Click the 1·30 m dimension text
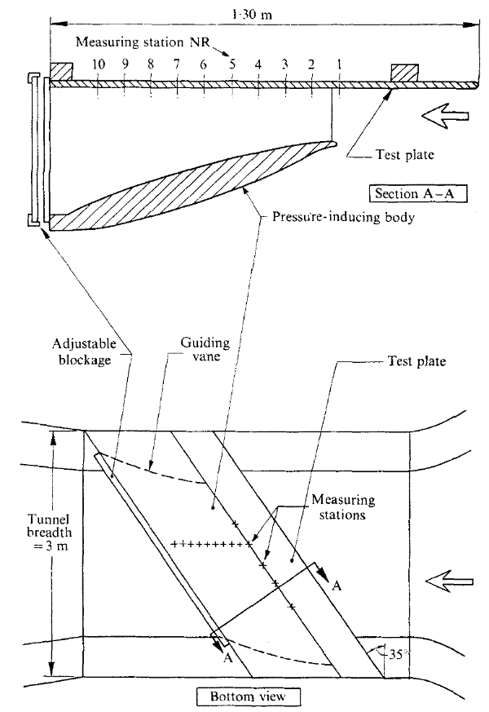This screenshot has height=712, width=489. click(x=252, y=14)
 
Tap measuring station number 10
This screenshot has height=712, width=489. click(x=99, y=64)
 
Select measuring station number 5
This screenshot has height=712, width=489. click(x=232, y=64)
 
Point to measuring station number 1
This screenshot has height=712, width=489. click(x=338, y=64)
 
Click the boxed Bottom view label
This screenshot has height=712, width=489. click(x=248, y=697)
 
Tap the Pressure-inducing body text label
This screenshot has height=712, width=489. click(x=343, y=217)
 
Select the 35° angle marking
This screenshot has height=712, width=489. click(x=396, y=655)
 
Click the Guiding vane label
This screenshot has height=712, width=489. click(x=205, y=349)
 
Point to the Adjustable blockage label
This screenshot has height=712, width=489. click(x=85, y=352)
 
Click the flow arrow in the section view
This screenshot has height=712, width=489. click(x=445, y=116)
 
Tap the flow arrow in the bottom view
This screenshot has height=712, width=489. click(x=450, y=582)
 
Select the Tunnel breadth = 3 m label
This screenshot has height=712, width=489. click(x=49, y=532)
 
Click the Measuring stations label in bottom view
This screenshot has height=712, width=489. click(x=343, y=507)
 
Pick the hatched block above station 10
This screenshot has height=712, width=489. click(x=61, y=72)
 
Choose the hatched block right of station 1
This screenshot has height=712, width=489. click(x=404, y=73)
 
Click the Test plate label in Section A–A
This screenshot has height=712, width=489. click(x=404, y=155)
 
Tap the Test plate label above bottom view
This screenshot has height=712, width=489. click(x=416, y=361)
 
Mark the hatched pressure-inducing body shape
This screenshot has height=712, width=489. click(x=195, y=186)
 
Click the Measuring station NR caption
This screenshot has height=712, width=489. click(x=143, y=42)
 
